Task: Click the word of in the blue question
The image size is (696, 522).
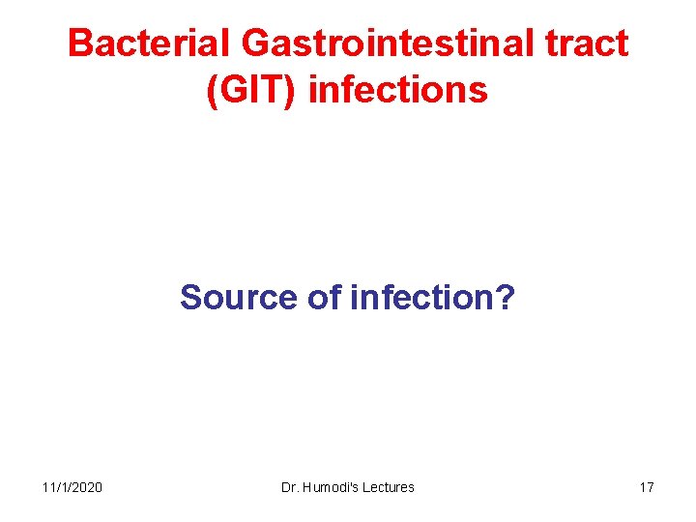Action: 324,297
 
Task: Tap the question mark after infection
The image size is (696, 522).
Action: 506,297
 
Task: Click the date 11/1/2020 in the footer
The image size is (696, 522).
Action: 72,487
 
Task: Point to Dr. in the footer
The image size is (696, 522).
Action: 289,487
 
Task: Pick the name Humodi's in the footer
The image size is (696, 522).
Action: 331,487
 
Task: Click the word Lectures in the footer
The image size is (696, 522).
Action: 389,487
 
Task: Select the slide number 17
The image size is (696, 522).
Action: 646,487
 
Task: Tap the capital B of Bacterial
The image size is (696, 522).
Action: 80,43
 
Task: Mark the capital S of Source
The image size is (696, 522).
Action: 190,297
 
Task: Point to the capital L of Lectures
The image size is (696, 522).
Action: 367,487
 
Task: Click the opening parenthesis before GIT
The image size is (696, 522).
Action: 212,90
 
